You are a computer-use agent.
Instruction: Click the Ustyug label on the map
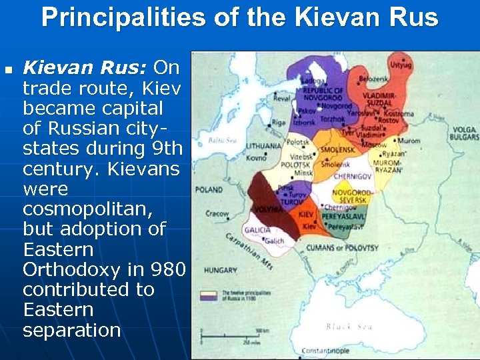click(x=401, y=66)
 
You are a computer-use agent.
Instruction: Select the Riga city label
click(x=279, y=123)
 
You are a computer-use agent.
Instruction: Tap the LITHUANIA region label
click(x=264, y=145)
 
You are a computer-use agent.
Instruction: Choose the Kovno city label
click(x=256, y=158)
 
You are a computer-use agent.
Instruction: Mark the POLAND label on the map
click(x=209, y=190)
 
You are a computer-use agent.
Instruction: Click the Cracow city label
click(x=217, y=214)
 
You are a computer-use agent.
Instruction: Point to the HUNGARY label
click(x=221, y=270)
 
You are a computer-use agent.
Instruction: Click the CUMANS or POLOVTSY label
click(x=342, y=248)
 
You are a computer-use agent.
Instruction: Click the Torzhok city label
click(x=333, y=118)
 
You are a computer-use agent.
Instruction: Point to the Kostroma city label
click(x=399, y=113)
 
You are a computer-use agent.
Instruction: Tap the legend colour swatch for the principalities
click(x=212, y=295)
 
